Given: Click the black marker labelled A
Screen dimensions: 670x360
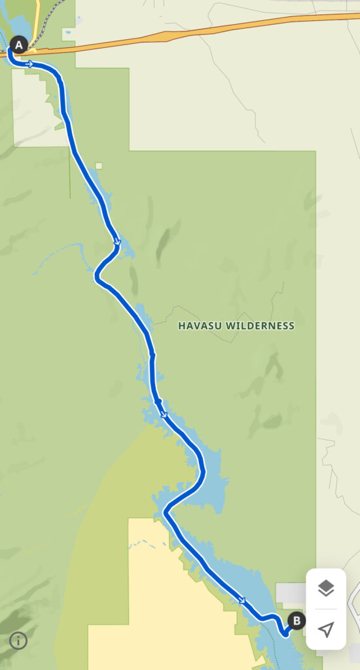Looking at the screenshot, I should click(x=18, y=45).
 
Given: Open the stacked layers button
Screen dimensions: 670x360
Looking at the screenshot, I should click(x=326, y=588).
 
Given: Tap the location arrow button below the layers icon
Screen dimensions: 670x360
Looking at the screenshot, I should click(x=326, y=629).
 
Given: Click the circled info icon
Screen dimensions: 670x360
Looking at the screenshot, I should click(x=18, y=641).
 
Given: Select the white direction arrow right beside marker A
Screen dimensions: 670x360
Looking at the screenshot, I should click(x=30, y=63).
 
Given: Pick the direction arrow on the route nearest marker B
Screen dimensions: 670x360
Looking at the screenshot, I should click(x=243, y=600).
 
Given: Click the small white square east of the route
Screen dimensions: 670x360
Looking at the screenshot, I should click(x=99, y=166).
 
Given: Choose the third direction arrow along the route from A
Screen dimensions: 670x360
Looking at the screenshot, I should click(x=164, y=414).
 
